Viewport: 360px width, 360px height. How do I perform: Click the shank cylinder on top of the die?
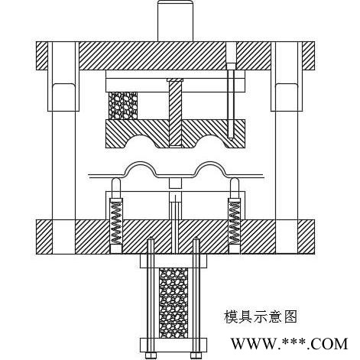point(175,21)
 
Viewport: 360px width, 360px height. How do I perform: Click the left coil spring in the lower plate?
point(116,222)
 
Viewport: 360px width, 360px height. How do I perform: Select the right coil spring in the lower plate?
point(234,222)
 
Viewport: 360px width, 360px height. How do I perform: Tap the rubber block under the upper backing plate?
point(123,105)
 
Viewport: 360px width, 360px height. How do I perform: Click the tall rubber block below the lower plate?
point(174,303)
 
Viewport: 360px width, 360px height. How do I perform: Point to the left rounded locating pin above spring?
point(116,188)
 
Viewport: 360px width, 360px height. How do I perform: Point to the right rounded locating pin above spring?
point(234,188)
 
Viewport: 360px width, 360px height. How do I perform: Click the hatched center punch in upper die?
point(175,112)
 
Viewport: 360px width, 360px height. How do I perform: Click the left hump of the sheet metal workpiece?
point(140,163)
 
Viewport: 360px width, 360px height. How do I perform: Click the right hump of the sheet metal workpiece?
point(209,163)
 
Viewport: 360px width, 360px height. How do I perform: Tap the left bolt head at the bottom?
point(151,355)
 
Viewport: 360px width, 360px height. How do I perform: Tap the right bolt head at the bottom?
point(196,355)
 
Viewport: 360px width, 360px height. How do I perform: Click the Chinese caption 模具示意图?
point(261,316)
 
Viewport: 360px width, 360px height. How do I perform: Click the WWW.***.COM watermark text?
point(289,344)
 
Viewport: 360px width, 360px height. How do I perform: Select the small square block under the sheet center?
point(175,183)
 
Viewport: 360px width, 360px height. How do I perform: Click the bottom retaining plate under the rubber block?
point(174,345)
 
